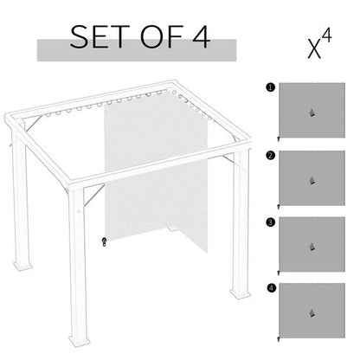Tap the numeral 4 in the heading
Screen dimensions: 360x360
coord(198,38)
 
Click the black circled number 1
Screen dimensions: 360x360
coord(271,87)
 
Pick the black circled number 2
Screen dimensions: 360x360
coord(271,155)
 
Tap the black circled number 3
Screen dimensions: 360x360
coord(271,222)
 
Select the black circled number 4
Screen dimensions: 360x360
coord(271,287)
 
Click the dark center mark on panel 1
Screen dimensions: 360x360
coord(312,113)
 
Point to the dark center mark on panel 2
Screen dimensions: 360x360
coord(312,181)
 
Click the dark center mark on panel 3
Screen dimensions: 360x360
coord(312,247)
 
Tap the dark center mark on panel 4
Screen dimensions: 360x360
coord(312,313)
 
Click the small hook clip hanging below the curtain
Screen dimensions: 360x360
coord(104,241)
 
